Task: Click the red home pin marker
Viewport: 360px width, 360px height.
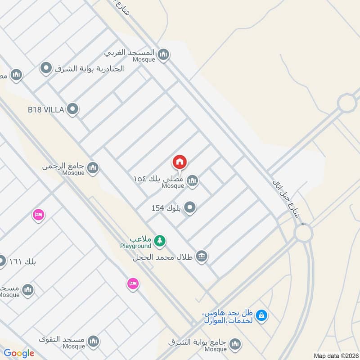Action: pyautogui.click(x=180, y=162)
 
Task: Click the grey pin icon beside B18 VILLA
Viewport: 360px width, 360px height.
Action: pyautogui.click(x=72, y=108)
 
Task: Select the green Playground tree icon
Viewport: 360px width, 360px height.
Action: pyautogui.click(x=159, y=241)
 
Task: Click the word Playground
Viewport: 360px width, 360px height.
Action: pyautogui.click(x=135, y=246)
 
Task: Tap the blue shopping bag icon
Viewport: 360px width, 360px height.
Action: pyautogui.click(x=262, y=315)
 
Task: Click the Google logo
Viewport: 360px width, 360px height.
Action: pyautogui.click(x=19, y=353)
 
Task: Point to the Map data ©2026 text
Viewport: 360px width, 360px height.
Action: pyautogui.click(x=335, y=355)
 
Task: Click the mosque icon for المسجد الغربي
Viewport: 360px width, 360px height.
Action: pyautogui.click(x=163, y=55)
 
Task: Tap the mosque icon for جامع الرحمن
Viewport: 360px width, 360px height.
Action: pyautogui.click(x=93, y=168)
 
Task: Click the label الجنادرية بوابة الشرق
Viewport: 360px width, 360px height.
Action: pyautogui.click(x=89, y=69)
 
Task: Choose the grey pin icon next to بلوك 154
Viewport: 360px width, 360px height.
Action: pyautogui.click(x=190, y=208)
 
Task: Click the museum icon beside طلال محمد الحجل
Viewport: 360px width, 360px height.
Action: pyautogui.click(x=202, y=256)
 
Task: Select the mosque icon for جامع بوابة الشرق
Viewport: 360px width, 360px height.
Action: pyautogui.click(x=234, y=344)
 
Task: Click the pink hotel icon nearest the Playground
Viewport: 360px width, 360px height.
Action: pyautogui.click(x=132, y=283)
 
